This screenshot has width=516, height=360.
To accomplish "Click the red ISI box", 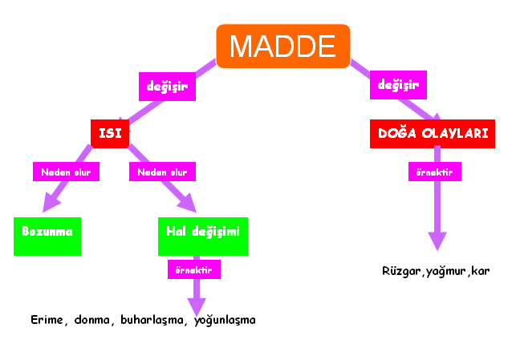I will click(x=110, y=134).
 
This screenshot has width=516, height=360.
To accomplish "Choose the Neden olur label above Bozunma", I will click(x=66, y=172).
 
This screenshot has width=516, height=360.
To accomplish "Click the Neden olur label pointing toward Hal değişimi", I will click(x=162, y=172).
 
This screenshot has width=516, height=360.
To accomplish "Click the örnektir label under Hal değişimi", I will click(x=194, y=269).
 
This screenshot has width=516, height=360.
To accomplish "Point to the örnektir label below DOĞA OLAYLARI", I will click(x=435, y=172).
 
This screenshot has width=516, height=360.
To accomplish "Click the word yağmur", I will click(x=445, y=272).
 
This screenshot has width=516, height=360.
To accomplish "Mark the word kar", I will click(x=480, y=271).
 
